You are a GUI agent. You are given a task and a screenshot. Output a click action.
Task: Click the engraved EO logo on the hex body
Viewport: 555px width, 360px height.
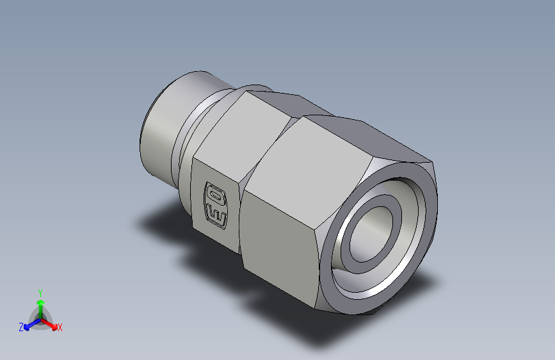pyautogui.click(x=215, y=204)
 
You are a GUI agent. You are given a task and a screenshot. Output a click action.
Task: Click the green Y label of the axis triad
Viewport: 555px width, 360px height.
pyautogui.click(x=40, y=291)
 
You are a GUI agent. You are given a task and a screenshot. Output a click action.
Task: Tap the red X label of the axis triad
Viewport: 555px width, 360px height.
pyautogui.click(x=60, y=327)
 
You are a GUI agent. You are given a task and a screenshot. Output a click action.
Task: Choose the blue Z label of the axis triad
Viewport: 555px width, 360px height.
pyautogui.click(x=21, y=327)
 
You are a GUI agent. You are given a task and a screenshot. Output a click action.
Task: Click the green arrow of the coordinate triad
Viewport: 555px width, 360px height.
pyautogui.click(x=40, y=304)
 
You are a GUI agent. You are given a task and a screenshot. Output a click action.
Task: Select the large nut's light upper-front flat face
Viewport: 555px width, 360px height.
pyautogui.click(x=307, y=167)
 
